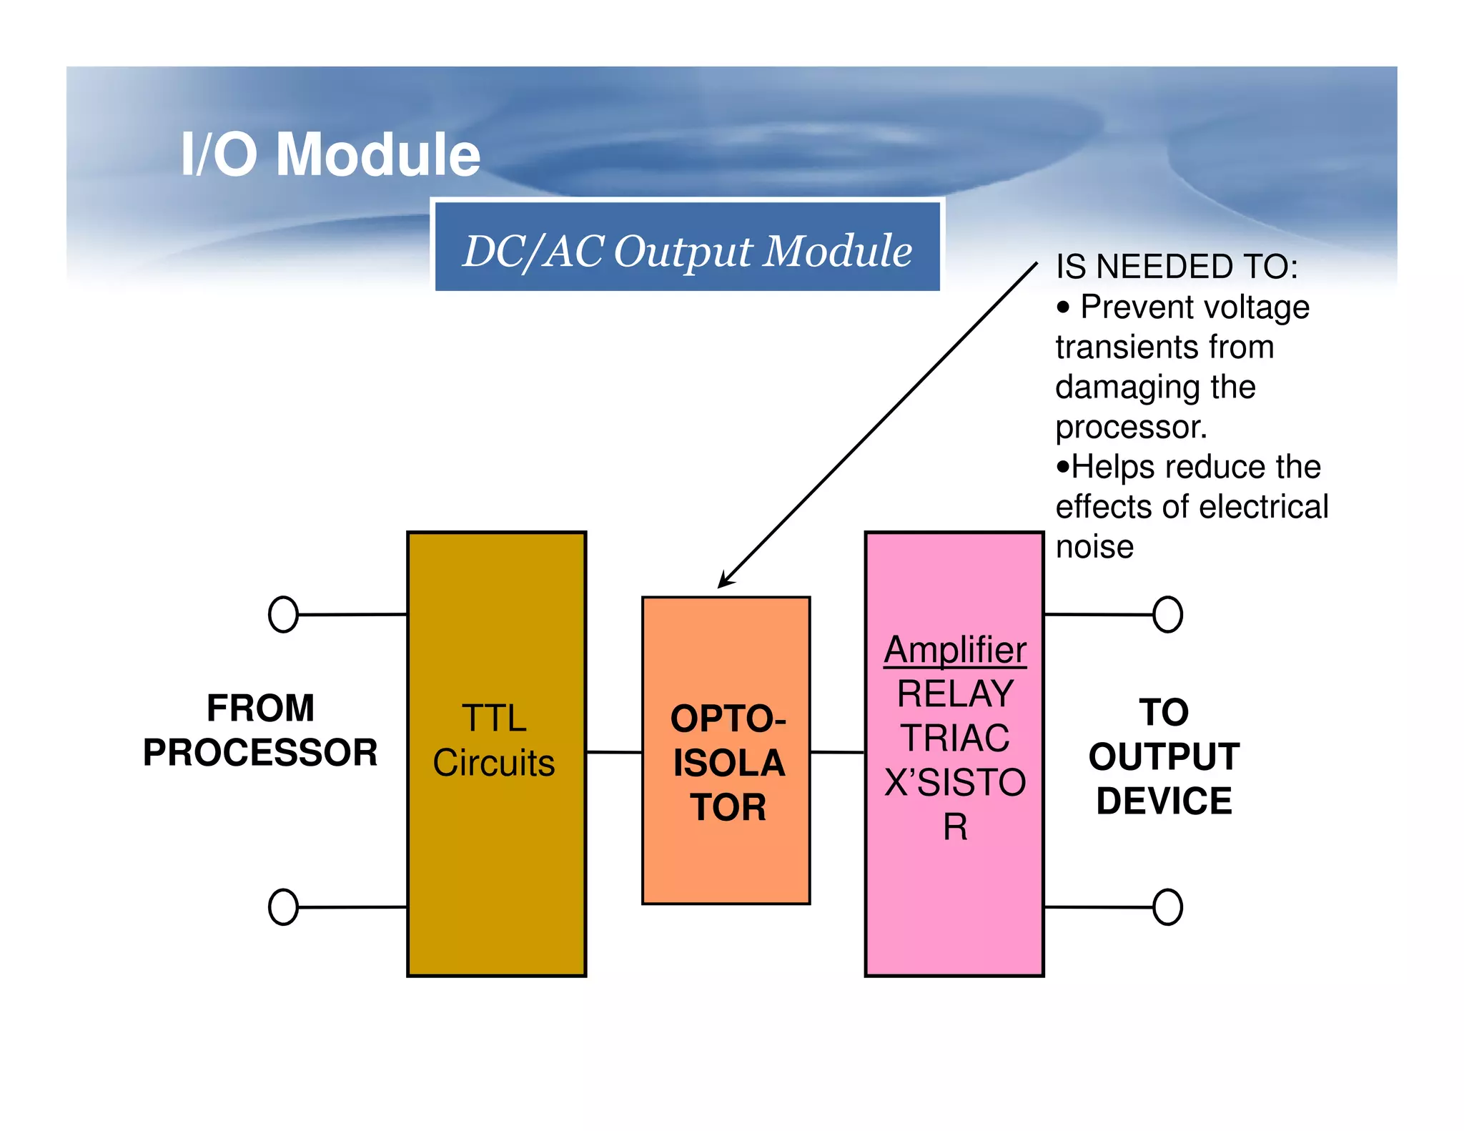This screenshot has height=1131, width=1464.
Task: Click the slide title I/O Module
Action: point(330,154)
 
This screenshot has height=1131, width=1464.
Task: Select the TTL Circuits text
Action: point(494,741)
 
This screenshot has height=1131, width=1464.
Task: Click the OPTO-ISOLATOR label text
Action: point(728,763)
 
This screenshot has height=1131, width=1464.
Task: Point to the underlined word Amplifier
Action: point(955,650)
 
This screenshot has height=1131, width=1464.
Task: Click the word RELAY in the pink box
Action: point(955,693)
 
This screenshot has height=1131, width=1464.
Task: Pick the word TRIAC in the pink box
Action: point(955,738)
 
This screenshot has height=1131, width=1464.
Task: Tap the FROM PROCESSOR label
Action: point(260,731)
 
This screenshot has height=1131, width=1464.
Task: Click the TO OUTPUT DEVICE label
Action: point(1164,756)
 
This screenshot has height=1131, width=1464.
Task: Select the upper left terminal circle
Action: point(283,615)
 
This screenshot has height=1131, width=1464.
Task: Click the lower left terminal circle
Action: point(283,907)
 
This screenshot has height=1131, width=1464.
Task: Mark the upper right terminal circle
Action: point(1167,615)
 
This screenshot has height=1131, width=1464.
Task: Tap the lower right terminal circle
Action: point(1167,907)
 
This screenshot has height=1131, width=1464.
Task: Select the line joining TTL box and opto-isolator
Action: point(614,752)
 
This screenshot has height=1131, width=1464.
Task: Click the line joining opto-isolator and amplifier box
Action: point(837,752)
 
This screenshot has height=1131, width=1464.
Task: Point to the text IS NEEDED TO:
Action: point(1177,267)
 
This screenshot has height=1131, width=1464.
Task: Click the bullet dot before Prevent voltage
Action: point(1064,308)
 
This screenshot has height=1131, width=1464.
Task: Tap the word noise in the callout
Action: point(1094,548)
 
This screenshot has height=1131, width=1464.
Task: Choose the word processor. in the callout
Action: point(1131,428)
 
